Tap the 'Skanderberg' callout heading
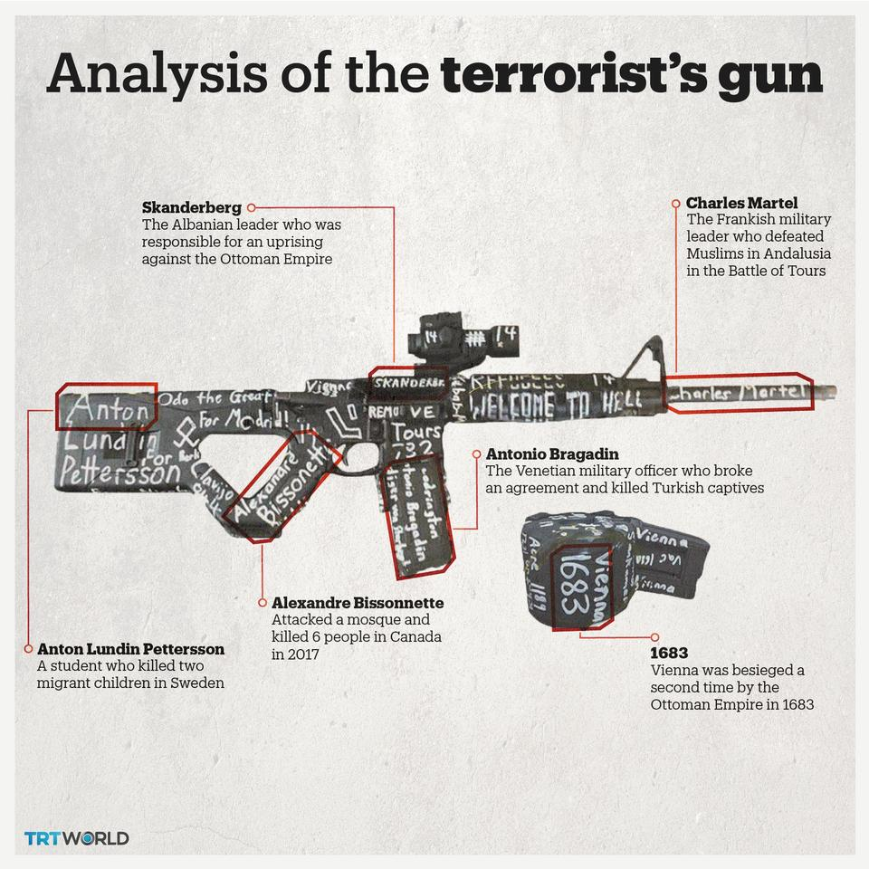[x=191, y=208]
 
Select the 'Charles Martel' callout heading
[x=741, y=203]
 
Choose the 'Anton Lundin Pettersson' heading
[x=130, y=649]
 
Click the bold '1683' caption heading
[x=669, y=653]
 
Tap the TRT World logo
[x=77, y=837]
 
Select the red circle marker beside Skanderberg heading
[x=251, y=207]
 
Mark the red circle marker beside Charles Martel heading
[x=675, y=203]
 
